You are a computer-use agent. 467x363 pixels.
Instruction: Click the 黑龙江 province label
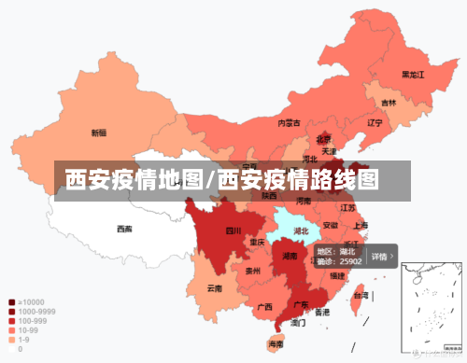coord(413,74)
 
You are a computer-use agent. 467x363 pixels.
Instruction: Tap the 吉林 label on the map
coord(388,103)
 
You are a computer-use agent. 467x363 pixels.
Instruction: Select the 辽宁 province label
coord(375,122)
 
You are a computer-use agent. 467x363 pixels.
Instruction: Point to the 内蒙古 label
coord(289,122)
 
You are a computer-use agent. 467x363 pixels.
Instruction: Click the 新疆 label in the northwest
coord(98,133)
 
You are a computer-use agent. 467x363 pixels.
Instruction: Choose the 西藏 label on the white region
coord(124,229)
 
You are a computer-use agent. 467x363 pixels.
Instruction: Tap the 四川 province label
coord(233,230)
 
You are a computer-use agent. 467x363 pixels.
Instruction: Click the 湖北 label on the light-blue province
coord(302,230)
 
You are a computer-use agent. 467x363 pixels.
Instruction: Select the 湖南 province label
coord(290,256)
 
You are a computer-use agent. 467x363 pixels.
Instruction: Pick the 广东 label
coord(302,304)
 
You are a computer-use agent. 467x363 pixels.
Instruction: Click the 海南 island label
coord(276,344)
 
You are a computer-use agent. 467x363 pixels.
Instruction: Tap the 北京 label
coord(323,138)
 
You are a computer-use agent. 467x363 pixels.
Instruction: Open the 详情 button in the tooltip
coord(382,256)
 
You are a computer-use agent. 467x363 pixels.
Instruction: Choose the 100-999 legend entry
coord(30,321)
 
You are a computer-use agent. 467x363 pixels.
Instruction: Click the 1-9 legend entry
coord(23,340)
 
